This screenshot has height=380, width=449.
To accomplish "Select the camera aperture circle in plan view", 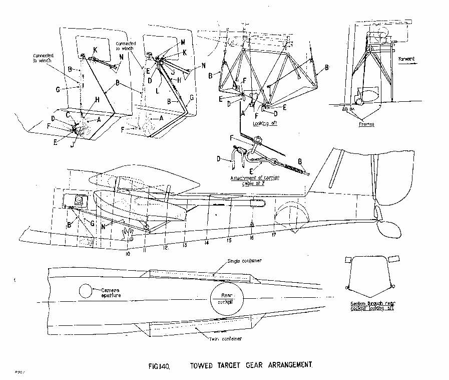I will point(86,291).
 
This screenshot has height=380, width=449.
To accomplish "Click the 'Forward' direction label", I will point(406,59).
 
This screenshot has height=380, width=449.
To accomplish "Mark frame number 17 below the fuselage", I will point(274,235).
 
